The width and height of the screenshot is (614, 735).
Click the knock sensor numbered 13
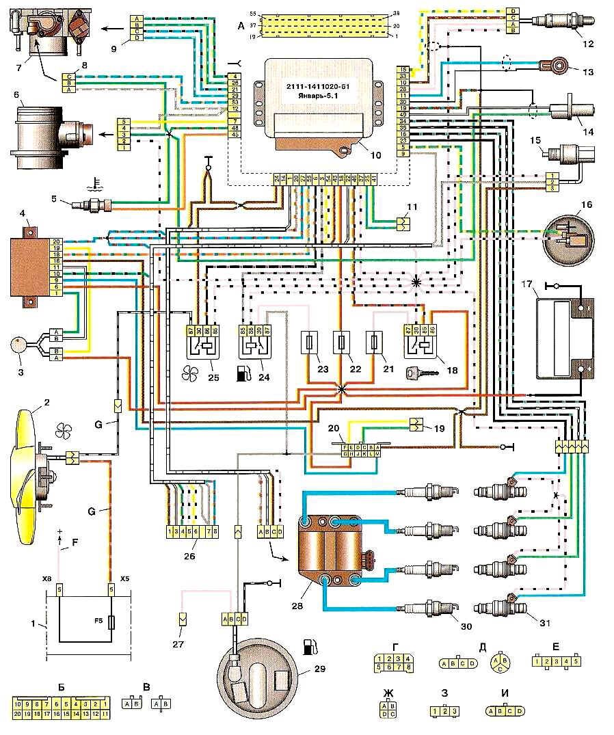(x=554, y=66)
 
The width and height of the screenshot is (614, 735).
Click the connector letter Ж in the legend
(x=388, y=693)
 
